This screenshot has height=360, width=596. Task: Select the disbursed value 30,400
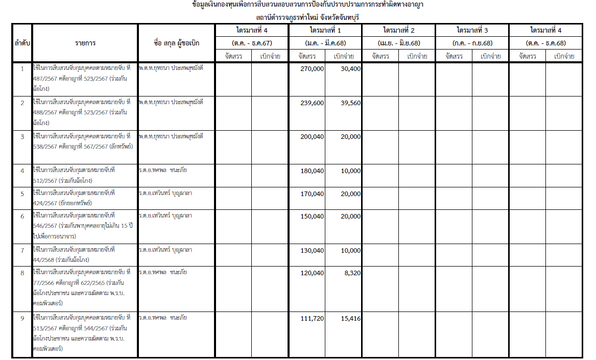coord(350,68)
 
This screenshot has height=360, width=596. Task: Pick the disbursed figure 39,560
coord(350,103)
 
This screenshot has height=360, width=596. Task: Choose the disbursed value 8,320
coord(352,273)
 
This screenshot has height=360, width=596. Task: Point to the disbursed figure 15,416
coord(350,319)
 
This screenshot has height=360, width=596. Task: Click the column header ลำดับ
coord(22,43)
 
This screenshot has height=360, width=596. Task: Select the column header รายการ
coord(85,43)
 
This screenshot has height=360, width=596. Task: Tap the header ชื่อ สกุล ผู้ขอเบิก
coord(176,43)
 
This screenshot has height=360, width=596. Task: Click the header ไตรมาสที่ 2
coord(399,31)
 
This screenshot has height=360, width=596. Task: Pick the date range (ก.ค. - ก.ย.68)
coord(472,43)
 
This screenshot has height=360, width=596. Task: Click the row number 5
coord(22,194)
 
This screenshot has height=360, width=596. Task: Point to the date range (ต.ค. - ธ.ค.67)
coord(252,43)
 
